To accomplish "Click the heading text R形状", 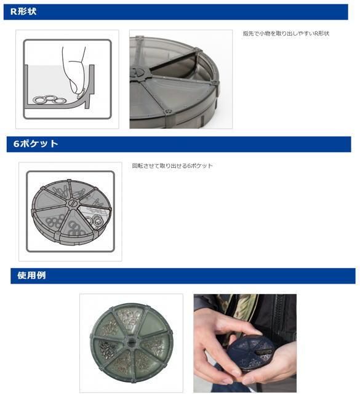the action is click(x=23, y=11).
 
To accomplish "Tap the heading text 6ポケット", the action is click(x=36, y=143).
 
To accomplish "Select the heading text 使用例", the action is click(x=31, y=276).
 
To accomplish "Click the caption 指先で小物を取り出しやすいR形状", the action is click(x=286, y=34).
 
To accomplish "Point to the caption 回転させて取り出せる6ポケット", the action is click(x=172, y=166).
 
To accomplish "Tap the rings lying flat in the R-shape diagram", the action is click(x=50, y=100).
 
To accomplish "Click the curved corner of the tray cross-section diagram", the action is click(x=84, y=98).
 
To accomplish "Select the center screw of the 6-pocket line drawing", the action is click(x=72, y=204).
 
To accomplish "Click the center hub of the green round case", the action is click(x=130, y=341).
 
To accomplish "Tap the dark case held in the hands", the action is click(x=250, y=352).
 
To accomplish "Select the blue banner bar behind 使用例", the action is click(x=183, y=276).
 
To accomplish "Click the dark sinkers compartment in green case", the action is click(x=108, y=346).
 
